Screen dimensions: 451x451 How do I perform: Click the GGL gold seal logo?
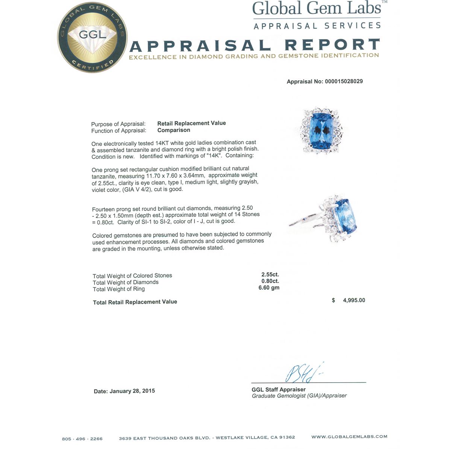click(x=93, y=38)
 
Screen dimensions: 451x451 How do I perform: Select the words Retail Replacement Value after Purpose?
click(x=191, y=123)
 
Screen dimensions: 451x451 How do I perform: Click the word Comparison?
click(x=174, y=130)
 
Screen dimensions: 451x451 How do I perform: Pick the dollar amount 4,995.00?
click(x=354, y=300)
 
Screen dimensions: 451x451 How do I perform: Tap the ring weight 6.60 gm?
click(x=269, y=288)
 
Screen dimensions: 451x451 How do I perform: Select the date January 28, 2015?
click(x=132, y=391)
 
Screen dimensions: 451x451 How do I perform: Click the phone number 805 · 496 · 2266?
click(x=82, y=439)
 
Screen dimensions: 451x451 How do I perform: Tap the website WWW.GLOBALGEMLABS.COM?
click(x=349, y=437)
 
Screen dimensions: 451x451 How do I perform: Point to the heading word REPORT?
click(x=332, y=45)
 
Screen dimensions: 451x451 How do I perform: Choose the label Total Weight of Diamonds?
click(x=126, y=282)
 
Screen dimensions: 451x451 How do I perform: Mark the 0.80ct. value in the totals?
click(x=270, y=281)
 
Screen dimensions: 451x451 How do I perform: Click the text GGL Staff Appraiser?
click(x=278, y=389)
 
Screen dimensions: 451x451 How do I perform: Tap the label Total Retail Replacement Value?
click(x=135, y=302)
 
